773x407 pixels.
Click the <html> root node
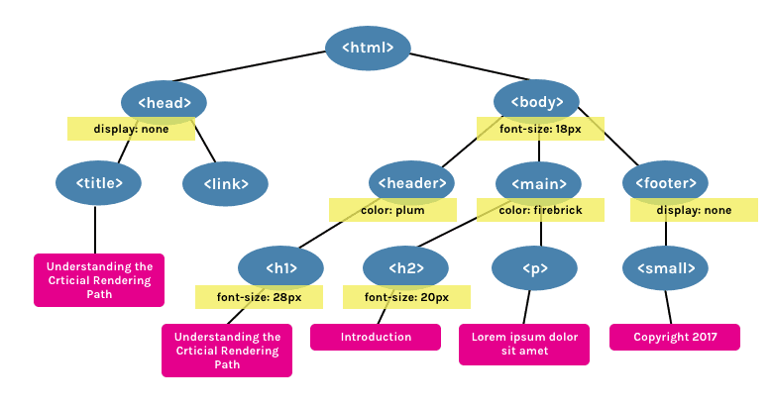368,48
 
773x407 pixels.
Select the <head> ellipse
164,102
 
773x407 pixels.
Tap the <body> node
537,102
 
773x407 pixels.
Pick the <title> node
98,183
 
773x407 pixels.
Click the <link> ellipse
226,183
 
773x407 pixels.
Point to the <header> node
411,183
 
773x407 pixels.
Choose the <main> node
539,183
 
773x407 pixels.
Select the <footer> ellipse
665,183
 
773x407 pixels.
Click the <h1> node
281,267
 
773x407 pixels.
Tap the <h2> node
406,267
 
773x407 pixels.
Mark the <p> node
534,267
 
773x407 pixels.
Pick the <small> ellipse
665,267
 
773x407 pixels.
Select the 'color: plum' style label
393,210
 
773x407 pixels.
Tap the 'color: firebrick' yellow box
540,210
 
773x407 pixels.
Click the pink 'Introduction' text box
376,337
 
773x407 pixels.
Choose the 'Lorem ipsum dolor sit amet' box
525,344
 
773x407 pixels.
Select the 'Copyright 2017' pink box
674,337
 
